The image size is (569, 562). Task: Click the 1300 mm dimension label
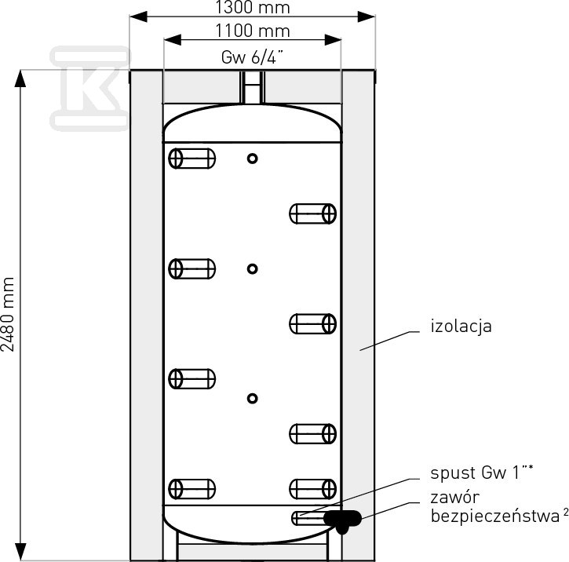click(253, 7)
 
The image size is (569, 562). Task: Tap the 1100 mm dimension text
click(253, 31)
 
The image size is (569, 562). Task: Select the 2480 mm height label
click(8, 314)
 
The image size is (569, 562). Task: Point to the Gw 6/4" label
click(252, 57)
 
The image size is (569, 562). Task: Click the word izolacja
click(461, 327)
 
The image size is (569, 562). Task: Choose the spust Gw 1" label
click(482, 473)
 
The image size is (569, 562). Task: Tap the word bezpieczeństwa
click(495, 516)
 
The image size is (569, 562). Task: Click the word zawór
click(455, 498)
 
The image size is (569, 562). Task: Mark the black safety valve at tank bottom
click(342, 519)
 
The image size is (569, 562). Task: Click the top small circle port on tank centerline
click(253, 159)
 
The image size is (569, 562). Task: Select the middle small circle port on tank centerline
click(253, 269)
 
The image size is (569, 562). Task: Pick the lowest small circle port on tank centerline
click(253, 399)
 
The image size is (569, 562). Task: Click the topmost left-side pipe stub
click(192, 159)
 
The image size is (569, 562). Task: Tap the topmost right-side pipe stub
click(313, 213)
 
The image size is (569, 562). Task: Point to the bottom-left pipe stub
click(192, 489)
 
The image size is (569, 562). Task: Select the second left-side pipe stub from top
click(192, 269)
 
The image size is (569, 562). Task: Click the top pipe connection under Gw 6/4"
click(252, 87)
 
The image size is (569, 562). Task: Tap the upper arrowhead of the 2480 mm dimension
click(20, 78)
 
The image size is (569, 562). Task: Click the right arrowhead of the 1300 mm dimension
click(367, 16)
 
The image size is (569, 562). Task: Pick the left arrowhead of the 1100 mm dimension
click(173, 40)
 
